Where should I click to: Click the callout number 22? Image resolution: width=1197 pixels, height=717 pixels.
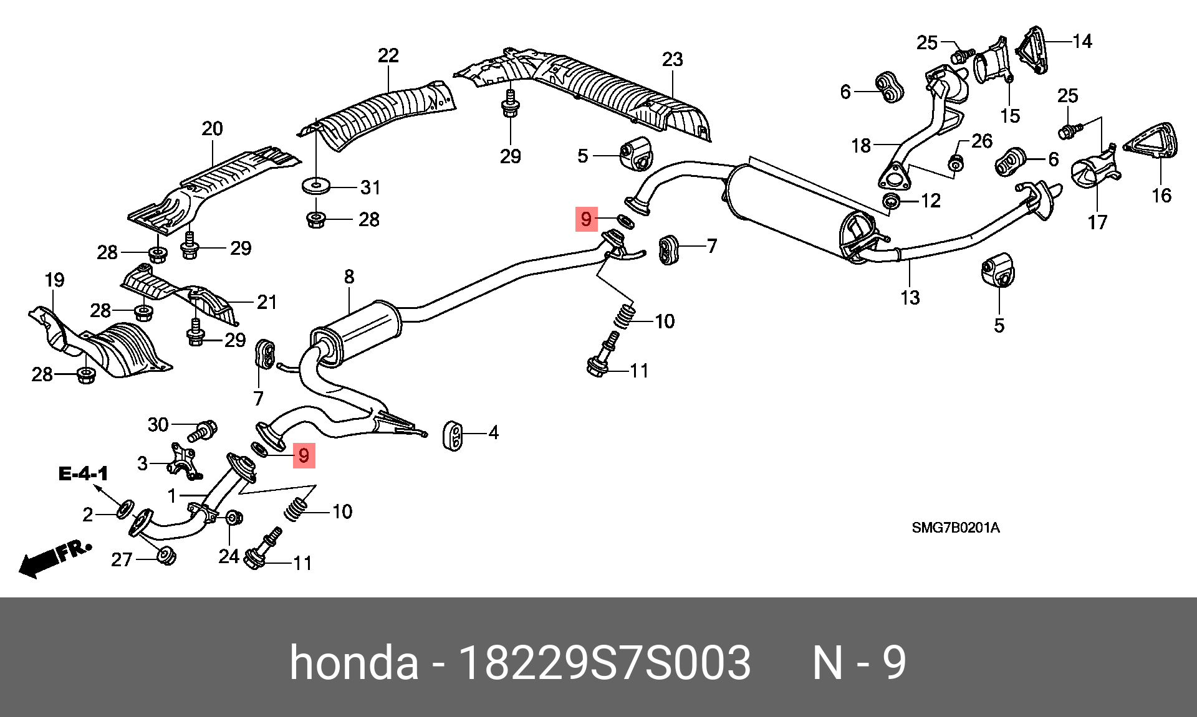point(388,56)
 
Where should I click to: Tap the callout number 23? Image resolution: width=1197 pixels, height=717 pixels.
point(672,60)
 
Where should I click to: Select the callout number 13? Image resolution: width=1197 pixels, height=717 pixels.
point(910,298)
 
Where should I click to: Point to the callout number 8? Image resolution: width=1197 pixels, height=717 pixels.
point(349,277)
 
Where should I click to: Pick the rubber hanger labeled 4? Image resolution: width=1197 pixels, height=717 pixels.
point(453,434)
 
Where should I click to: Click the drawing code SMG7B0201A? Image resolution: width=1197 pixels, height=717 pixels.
point(955,528)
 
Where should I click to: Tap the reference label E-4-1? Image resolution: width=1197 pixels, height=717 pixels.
point(83,473)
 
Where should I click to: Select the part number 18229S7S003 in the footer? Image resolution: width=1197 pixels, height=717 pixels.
point(604,663)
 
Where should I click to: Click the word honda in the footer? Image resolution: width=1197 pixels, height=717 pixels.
point(353,663)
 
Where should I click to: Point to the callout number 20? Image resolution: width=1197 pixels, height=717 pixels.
point(212,129)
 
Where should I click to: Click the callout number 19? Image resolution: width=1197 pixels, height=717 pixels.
point(55,280)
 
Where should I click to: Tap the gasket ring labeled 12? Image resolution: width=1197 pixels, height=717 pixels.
point(892,201)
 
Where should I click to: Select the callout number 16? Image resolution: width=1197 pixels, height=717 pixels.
point(1161,196)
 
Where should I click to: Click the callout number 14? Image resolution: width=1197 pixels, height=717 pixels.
point(1082,42)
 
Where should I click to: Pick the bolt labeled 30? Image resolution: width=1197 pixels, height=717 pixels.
point(204,430)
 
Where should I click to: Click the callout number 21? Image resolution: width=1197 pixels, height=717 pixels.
point(267,302)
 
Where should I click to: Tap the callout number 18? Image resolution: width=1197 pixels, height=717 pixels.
point(860,146)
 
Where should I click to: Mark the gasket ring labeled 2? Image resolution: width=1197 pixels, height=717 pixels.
point(124,509)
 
